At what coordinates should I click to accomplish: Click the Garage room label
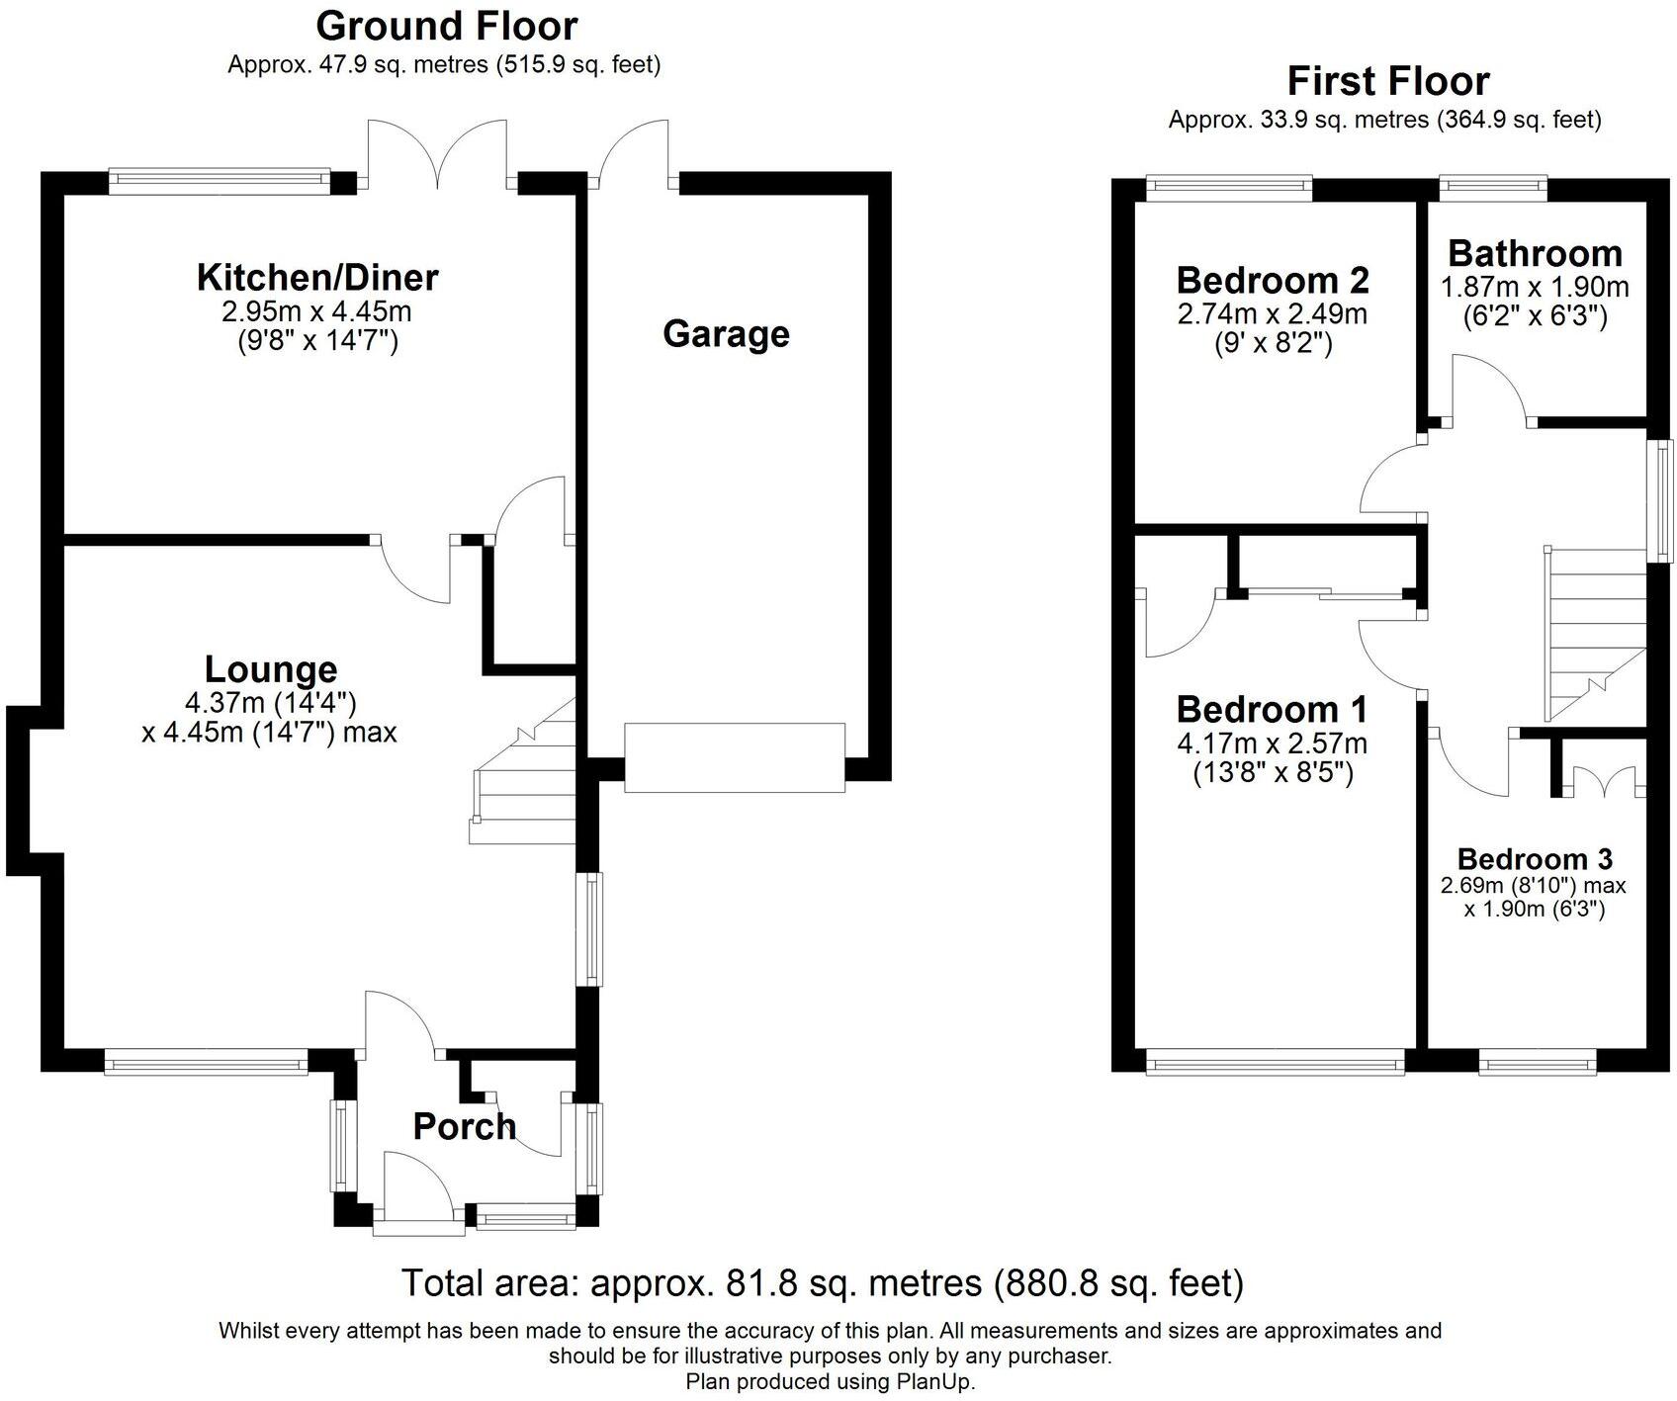(726, 334)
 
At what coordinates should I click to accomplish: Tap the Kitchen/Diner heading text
(317, 278)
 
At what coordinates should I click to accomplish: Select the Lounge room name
(271, 669)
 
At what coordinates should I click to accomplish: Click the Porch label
(464, 1126)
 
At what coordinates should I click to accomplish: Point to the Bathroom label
(1535, 254)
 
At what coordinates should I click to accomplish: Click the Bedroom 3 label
(1535, 858)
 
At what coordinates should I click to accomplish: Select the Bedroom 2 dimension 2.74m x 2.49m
(1273, 314)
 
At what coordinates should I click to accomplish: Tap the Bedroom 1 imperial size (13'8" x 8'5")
(1273, 772)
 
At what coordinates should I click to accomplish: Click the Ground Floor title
(446, 26)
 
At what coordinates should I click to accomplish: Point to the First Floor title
(1387, 81)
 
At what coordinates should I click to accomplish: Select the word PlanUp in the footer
(934, 1381)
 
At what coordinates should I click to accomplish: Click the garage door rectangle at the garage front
(735, 757)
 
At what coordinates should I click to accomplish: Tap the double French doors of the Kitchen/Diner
(436, 154)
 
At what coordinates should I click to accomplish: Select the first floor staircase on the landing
(1594, 633)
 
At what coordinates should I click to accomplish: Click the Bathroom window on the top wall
(1492, 183)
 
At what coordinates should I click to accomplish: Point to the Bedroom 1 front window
(1275, 1065)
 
